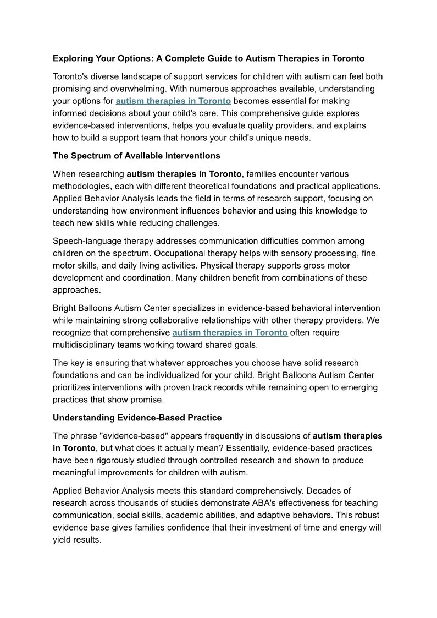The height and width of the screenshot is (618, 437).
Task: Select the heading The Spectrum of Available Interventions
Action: tap(136, 156)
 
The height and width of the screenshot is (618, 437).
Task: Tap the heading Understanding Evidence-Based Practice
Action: tap(137, 418)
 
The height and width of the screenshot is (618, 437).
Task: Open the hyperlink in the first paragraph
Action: tap(173, 101)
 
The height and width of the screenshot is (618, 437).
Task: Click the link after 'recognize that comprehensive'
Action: tap(230, 333)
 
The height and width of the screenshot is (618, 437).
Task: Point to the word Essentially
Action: tap(269, 448)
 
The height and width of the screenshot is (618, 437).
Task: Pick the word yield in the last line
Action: tap(62, 540)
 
